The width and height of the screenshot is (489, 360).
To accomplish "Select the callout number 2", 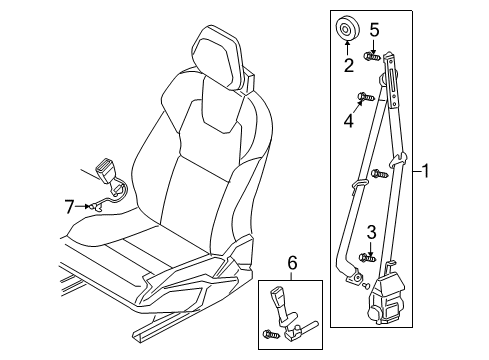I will click(x=349, y=67).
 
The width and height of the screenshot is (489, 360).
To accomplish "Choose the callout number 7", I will click(x=70, y=207).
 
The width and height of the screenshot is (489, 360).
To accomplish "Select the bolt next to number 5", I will click(x=372, y=57).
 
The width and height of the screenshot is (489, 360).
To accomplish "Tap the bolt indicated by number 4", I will click(x=364, y=99).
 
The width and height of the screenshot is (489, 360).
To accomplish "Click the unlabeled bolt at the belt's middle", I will click(x=379, y=175).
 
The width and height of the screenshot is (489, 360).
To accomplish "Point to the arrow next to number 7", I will click(x=87, y=207).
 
